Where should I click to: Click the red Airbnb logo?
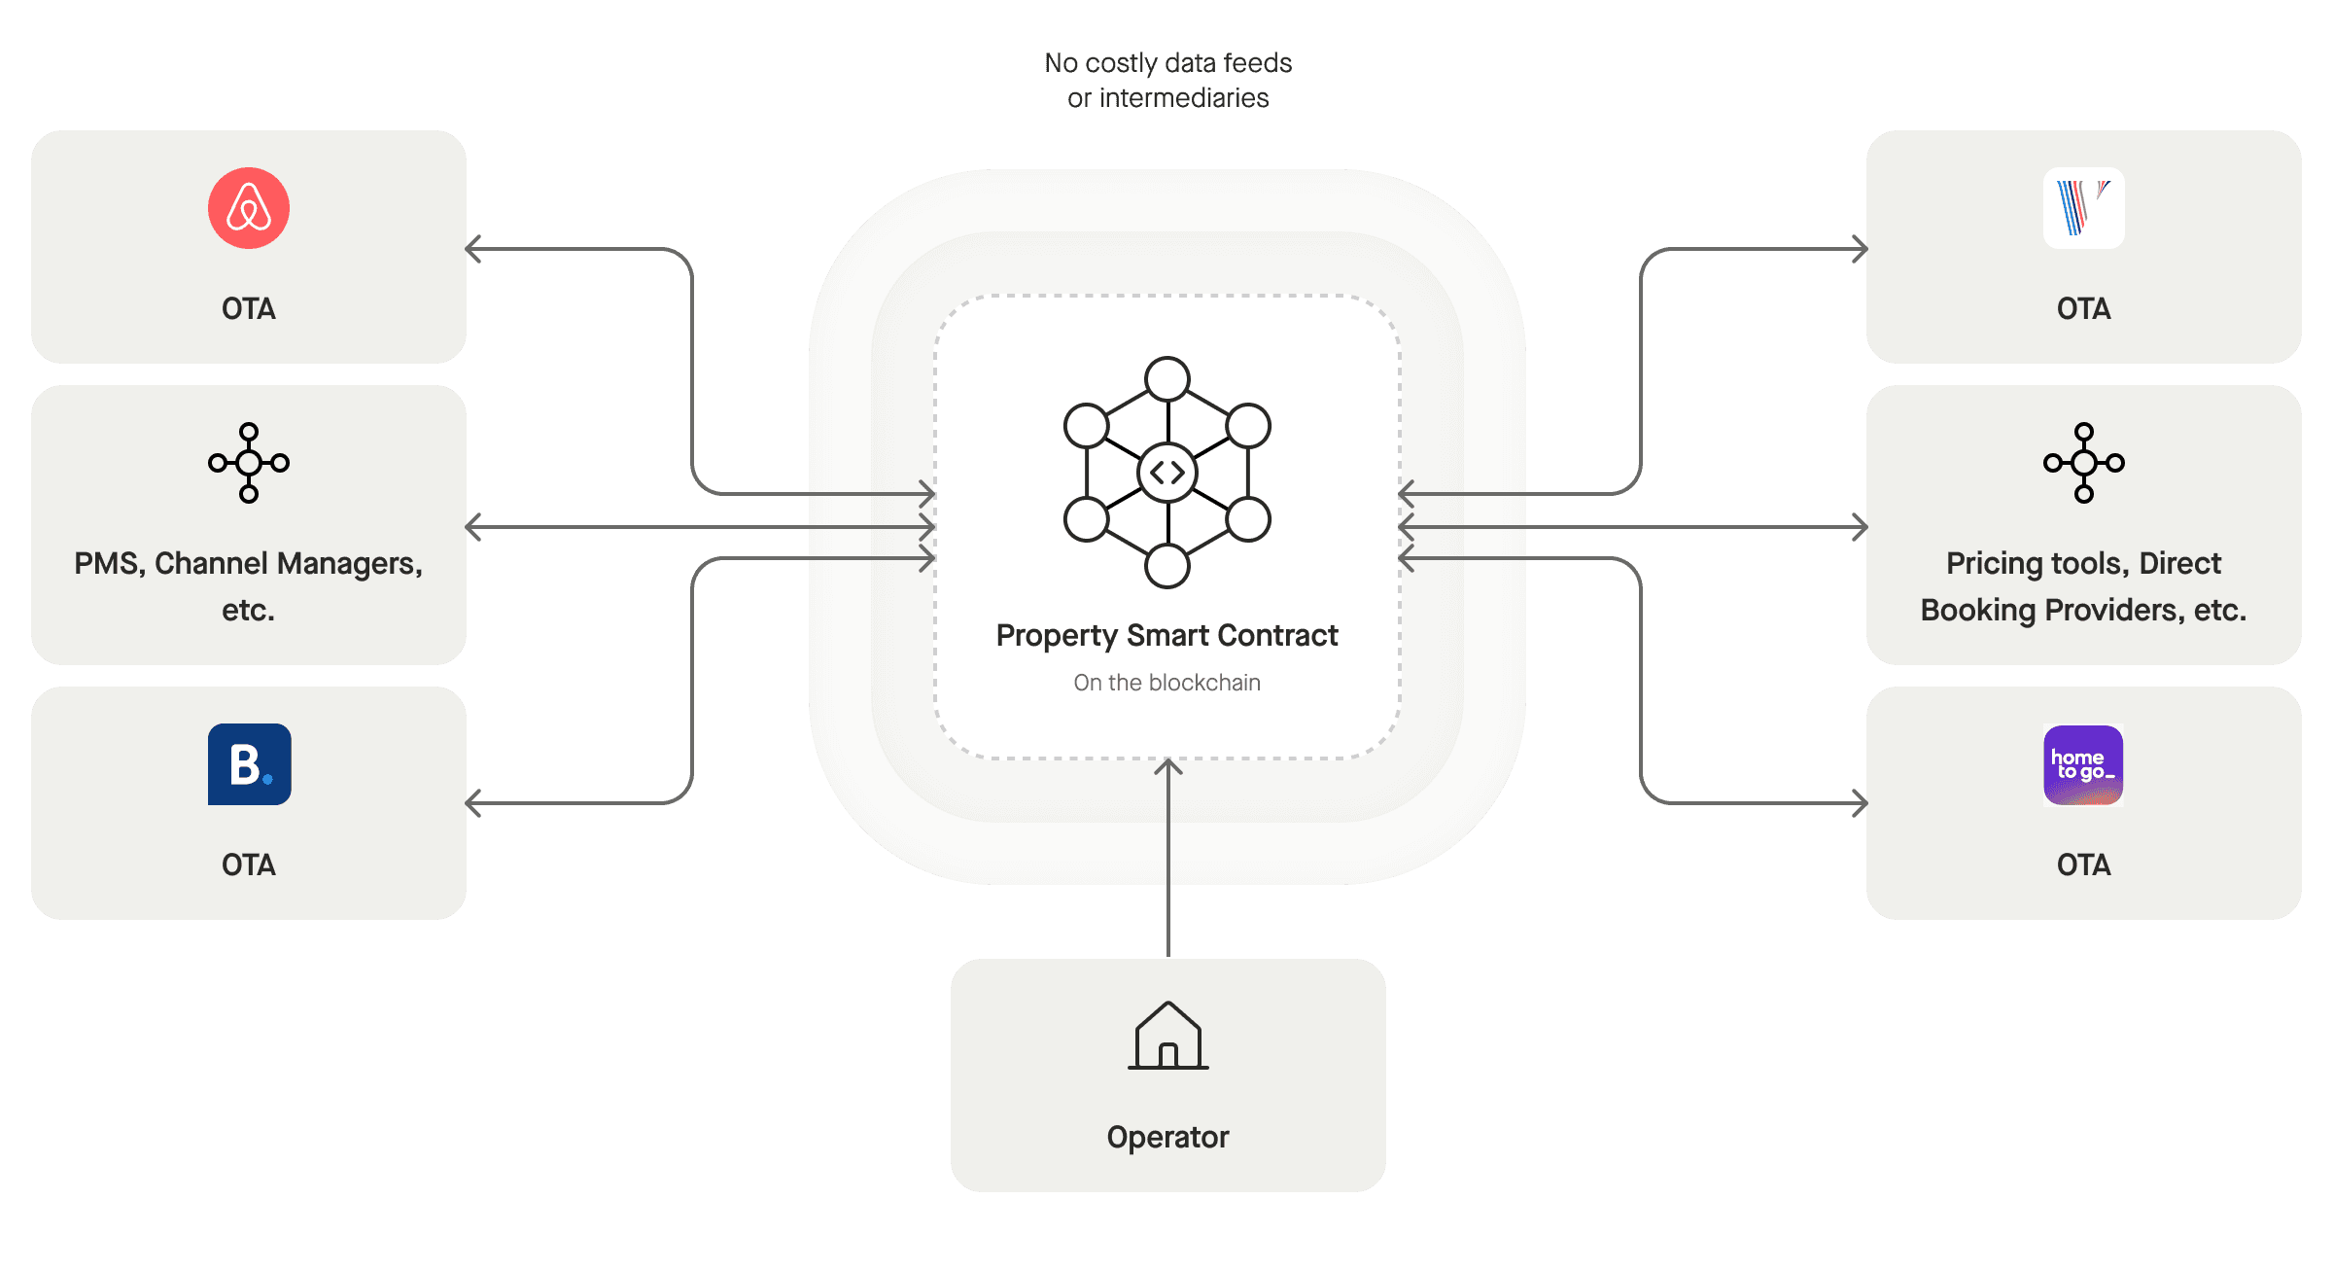(249, 208)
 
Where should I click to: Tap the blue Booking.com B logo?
(249, 764)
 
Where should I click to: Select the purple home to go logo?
(2083, 765)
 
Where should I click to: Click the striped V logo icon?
(2083, 208)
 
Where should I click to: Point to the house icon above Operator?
(1167, 1037)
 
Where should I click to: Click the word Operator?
(1167, 1137)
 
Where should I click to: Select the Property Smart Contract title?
(1166, 635)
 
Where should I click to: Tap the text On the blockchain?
(1166, 683)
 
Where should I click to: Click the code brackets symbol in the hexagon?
(1167, 473)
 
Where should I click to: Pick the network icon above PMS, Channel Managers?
(249, 463)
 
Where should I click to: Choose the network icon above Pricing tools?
(2083, 463)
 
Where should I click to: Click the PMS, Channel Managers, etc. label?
(249, 586)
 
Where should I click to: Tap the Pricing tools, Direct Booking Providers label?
(2083, 586)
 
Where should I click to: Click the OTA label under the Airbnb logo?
(249, 308)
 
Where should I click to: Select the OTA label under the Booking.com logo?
(249, 864)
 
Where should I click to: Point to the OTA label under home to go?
(2083, 864)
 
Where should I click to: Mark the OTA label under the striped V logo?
(2083, 308)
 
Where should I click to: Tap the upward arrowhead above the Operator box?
(1167, 767)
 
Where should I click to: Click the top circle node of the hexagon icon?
(1167, 379)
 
